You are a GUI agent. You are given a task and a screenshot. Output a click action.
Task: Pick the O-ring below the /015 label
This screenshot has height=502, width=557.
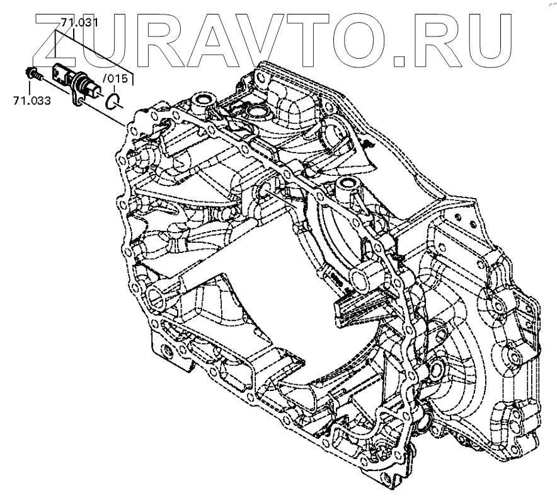click(113, 100)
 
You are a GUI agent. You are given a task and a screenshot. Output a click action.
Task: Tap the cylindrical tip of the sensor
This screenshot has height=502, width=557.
click(95, 92)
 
